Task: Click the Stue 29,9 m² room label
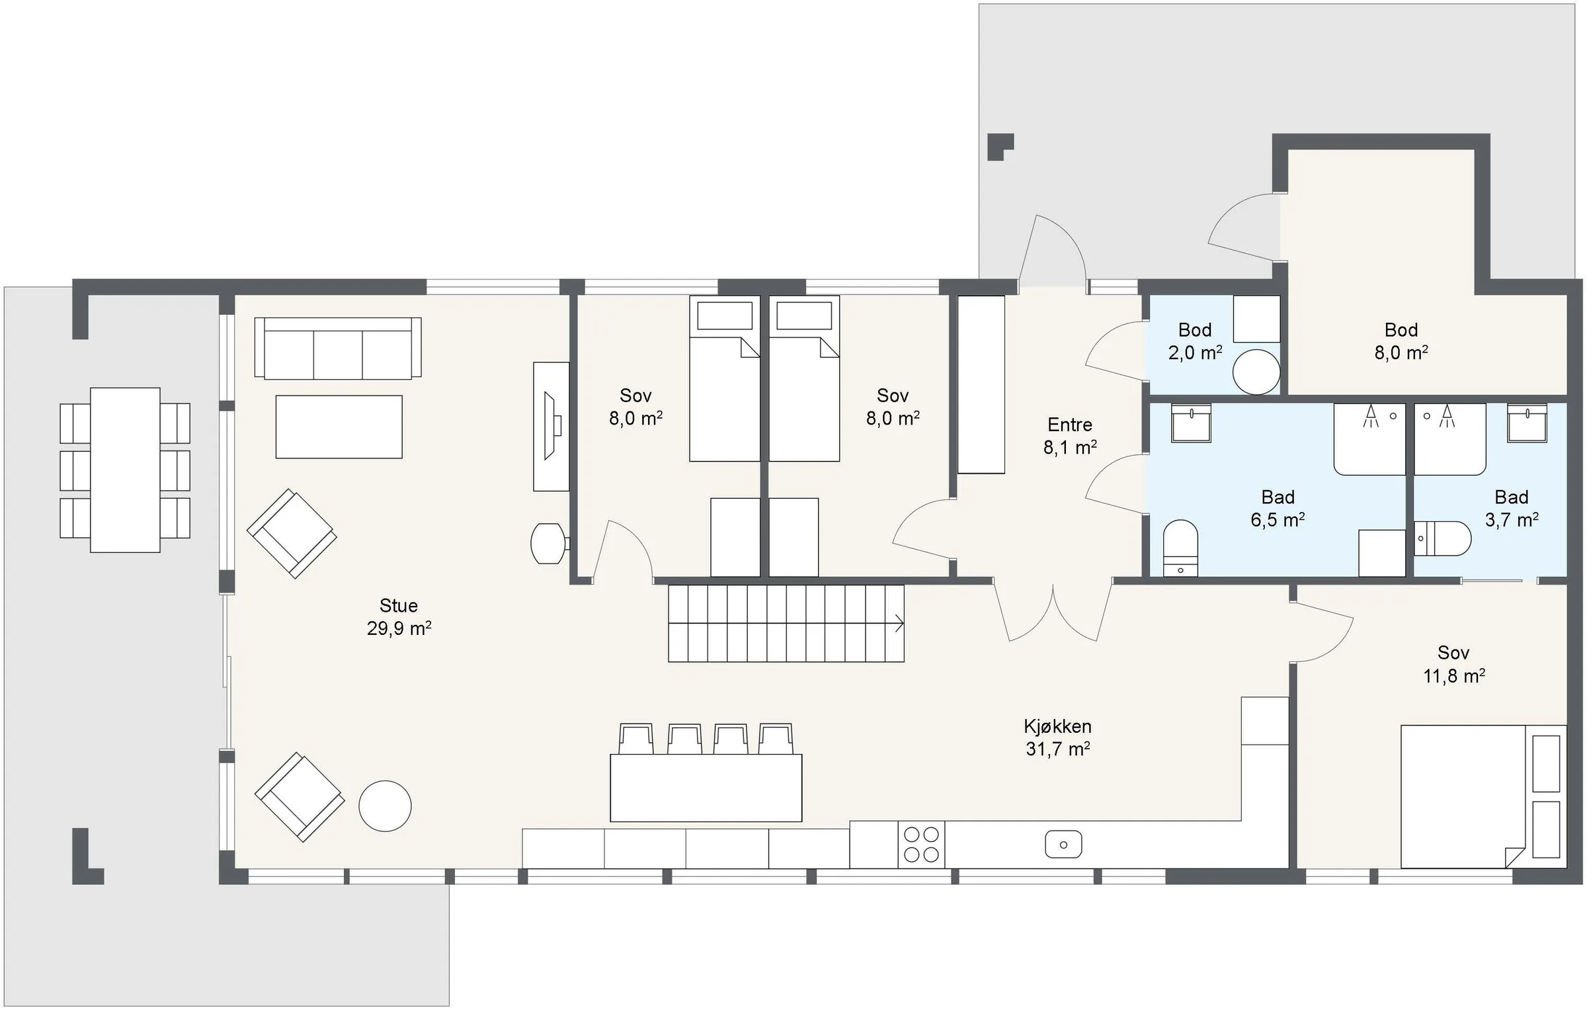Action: (399, 616)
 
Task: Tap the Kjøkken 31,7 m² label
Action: (1057, 737)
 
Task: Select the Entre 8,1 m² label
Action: (1070, 436)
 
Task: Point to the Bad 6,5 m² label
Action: (1278, 508)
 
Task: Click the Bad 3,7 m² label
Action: (1512, 508)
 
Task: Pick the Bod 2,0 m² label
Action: (1195, 341)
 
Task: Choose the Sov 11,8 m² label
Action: (1454, 664)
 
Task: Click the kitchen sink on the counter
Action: (1063, 845)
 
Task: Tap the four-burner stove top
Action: (921, 845)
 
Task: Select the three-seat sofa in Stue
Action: (338, 348)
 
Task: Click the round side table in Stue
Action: (385, 806)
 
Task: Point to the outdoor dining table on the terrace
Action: (125, 470)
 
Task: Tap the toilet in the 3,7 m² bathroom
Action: (1442, 538)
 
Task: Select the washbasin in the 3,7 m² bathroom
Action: (1527, 423)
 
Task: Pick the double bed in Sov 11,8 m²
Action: (1484, 796)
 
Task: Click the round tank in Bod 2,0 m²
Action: (1256, 372)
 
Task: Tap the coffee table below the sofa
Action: (339, 427)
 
